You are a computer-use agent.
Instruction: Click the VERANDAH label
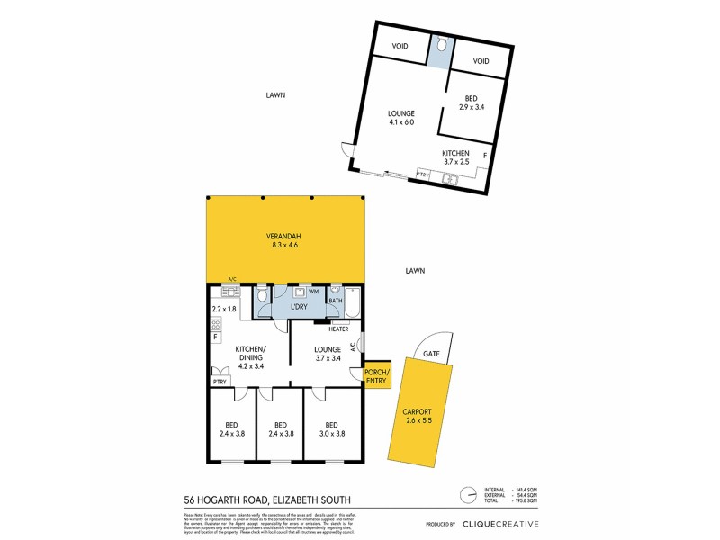click(286, 237)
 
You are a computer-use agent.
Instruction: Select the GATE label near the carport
click(432, 354)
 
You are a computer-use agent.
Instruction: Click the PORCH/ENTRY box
click(374, 378)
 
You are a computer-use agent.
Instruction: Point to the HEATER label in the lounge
click(338, 329)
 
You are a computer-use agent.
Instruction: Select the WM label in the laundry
click(314, 292)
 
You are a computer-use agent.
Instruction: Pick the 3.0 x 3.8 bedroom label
click(331, 429)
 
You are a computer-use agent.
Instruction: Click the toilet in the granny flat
click(439, 48)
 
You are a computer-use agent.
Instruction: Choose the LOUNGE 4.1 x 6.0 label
click(401, 118)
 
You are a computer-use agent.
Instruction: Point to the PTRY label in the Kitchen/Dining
click(220, 382)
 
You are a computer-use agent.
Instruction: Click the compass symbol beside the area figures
click(467, 495)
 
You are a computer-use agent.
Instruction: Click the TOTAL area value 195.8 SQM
click(526, 502)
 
